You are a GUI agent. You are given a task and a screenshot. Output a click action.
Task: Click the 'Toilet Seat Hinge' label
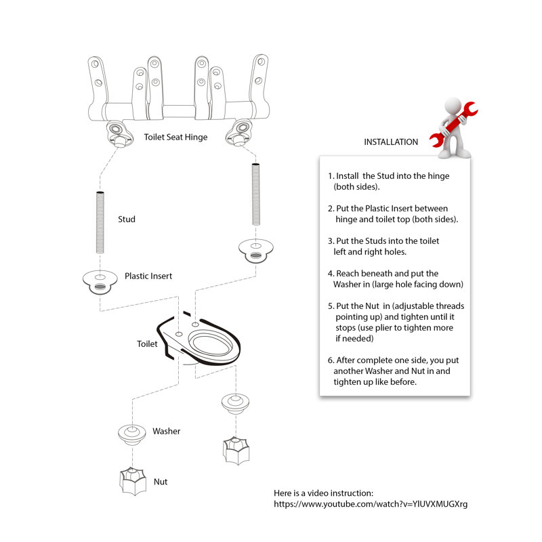pos(175,138)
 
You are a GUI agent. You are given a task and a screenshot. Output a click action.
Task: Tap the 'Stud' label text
pos(127,219)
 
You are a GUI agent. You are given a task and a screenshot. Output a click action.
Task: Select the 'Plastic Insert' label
pos(148,276)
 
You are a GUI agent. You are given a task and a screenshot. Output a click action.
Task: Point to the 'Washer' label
pos(166,431)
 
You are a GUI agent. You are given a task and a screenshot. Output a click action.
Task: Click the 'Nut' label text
pos(161,482)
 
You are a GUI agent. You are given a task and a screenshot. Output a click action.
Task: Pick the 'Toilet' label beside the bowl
pos(147,344)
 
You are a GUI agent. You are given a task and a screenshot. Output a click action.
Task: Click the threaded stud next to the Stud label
pos(100,222)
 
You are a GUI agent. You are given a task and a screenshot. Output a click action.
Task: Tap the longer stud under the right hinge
pos(256,194)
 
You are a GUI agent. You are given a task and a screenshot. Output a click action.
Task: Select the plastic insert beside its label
pos(100,282)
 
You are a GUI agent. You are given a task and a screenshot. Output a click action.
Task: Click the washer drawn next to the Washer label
pos(131,434)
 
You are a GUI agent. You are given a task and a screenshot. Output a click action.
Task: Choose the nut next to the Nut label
pos(132,481)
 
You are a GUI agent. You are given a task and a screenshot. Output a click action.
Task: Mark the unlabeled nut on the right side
pos(236,451)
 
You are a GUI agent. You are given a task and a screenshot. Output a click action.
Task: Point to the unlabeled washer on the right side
pos(235,403)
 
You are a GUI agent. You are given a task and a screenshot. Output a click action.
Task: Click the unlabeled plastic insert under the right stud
pos(256,251)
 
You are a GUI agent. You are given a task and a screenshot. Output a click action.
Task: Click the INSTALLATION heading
pos(391,142)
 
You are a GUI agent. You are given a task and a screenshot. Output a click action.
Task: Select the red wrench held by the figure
pos(453,125)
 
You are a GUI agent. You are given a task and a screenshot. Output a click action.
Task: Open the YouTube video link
pos(371,504)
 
